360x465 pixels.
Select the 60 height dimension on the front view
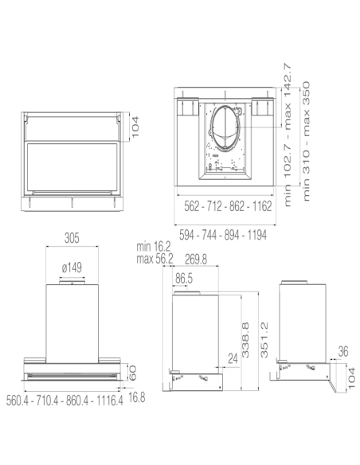pos(133,371)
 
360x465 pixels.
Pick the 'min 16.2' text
pos(154,248)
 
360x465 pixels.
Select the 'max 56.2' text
pos(154,259)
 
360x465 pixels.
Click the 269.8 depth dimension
pos(195,259)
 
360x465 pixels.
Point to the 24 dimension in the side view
pos(230,360)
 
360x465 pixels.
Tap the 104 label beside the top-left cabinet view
pos(135,127)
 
